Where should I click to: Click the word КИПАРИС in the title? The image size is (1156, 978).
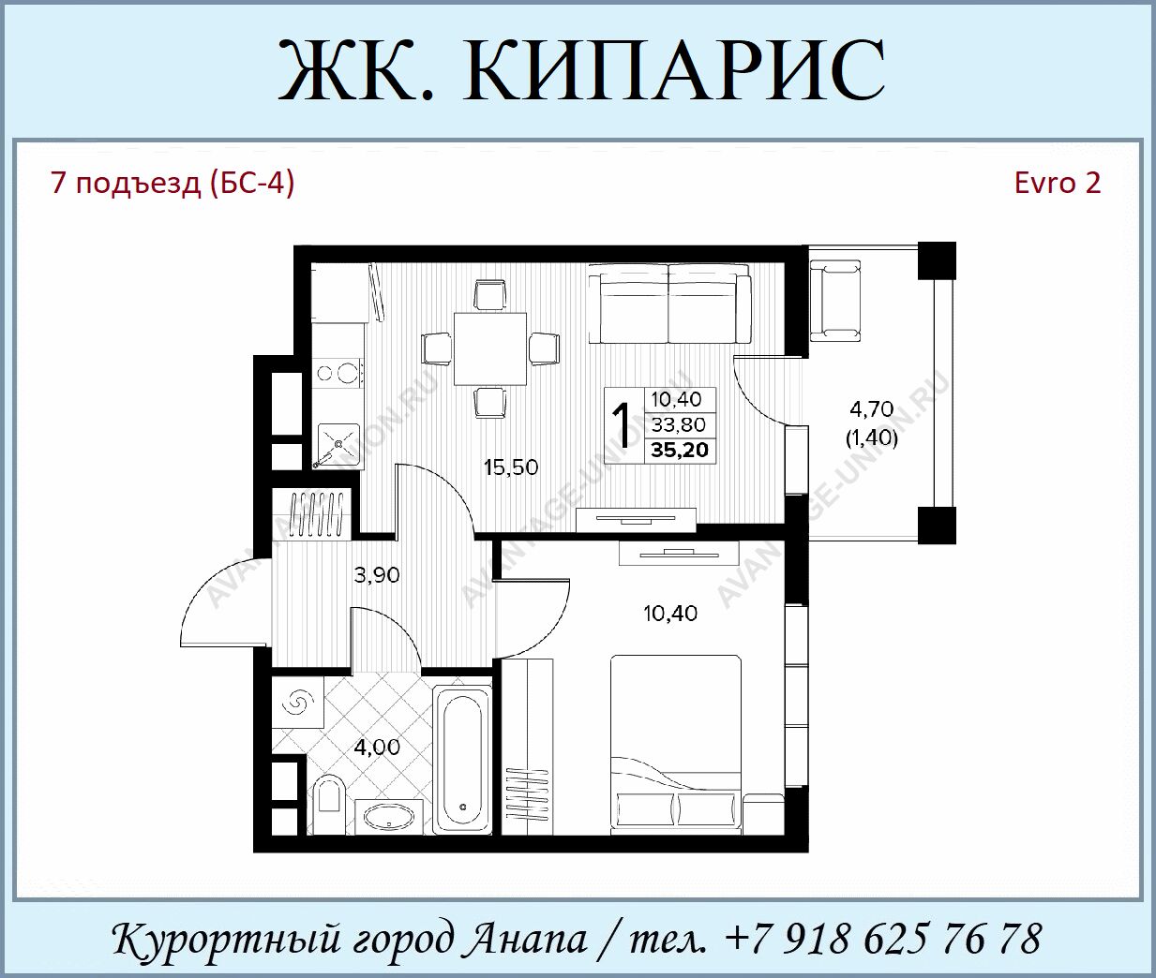pos(673,70)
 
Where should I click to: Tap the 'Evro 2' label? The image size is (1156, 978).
pos(1058,184)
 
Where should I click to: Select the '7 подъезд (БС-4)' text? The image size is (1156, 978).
pos(173,185)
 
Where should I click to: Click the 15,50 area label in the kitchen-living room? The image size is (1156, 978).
pos(511,467)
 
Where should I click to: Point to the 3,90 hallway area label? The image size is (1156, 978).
pos(377,574)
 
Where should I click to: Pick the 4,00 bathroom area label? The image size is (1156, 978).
pos(378,747)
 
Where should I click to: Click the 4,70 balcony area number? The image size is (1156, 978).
pos(871,409)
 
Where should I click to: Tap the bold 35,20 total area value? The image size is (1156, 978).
pos(680,450)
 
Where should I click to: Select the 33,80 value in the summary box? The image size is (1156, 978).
pos(679,424)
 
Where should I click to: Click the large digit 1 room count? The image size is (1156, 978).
pos(622,426)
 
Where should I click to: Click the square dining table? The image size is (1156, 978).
pos(490,348)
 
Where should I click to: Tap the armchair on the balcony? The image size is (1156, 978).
pos(835,300)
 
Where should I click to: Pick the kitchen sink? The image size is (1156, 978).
pos(338,445)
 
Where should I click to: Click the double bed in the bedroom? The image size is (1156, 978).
pos(676,744)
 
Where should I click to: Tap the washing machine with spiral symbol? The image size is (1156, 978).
pos(297,702)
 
